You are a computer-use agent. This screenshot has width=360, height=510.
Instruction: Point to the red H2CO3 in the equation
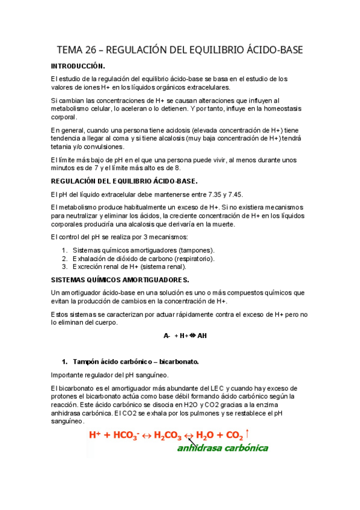(168, 435)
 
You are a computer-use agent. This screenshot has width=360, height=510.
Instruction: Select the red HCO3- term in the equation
(128, 435)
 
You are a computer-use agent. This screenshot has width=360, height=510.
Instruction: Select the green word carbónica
(246, 449)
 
